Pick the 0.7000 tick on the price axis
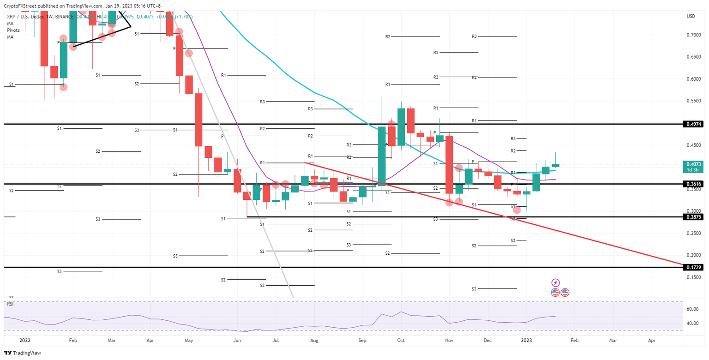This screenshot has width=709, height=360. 692,35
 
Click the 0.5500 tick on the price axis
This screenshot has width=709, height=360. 692,101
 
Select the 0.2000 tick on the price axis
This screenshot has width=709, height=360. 692,255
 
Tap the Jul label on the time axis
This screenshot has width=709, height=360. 275,340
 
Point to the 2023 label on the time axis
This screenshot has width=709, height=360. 527,340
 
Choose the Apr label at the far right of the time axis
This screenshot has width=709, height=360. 652,340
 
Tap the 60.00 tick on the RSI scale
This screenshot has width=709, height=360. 692,309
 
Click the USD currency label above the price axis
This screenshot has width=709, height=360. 691,16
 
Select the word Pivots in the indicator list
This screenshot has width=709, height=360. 14,30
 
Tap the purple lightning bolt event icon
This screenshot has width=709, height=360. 556,282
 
